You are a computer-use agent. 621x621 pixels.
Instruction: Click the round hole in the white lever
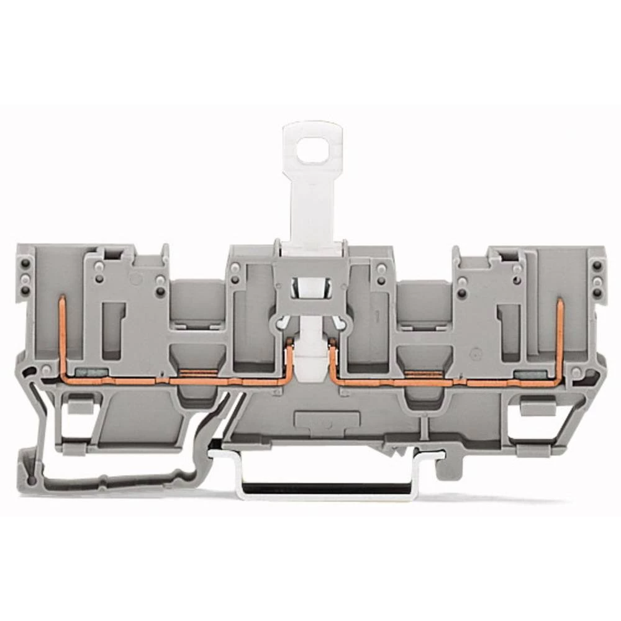point(312,149)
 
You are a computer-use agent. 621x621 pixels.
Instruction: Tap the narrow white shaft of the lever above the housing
point(312,205)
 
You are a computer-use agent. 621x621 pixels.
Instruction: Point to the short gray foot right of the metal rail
point(446,469)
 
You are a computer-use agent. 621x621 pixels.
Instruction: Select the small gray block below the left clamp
point(76,406)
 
